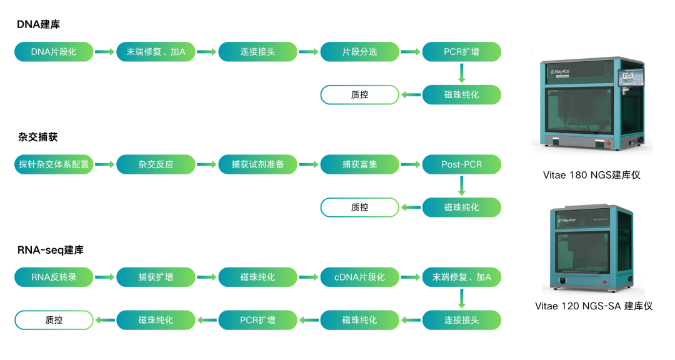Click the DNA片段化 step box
(54, 52)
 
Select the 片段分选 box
(359, 52)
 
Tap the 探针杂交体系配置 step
(54, 165)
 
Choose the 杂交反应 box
(156, 165)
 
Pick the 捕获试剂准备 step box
(257, 165)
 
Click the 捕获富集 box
(359, 165)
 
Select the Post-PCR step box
(461, 165)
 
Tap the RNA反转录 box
(54, 277)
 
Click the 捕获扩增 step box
(156, 277)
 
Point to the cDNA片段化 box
(359, 277)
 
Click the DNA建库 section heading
(39, 24)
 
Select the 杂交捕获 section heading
(38, 137)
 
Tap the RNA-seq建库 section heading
(51, 250)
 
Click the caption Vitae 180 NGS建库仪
(591, 175)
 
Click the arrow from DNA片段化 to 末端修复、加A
(104, 52)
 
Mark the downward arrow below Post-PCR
(462, 186)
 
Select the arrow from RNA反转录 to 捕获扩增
(104, 277)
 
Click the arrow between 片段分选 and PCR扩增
(411, 52)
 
